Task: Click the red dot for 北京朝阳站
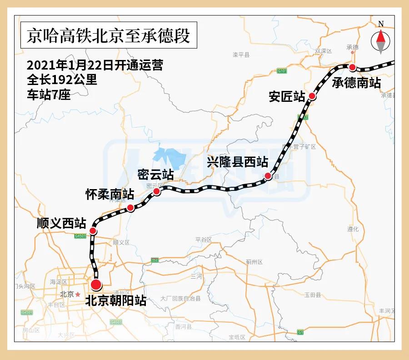coord(96,285)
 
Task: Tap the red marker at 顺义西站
coord(93,231)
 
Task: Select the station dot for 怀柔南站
coord(130,208)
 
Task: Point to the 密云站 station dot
coord(156,191)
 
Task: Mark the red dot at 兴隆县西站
coord(268,176)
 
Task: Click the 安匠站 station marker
coord(312,95)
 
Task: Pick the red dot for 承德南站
coord(352,67)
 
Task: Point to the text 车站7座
coord(49,95)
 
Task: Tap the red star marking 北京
coord(78,294)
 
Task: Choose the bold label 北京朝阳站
coord(115,301)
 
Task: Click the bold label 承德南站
coord(356,83)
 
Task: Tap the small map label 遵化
coord(353,229)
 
